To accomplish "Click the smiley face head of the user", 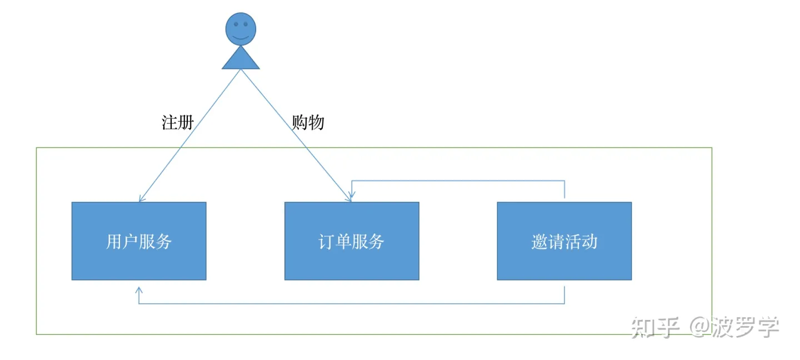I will (x=241, y=29).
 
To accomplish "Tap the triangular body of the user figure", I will (x=241, y=60).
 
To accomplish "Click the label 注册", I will (x=177, y=122).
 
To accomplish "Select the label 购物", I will (x=308, y=122).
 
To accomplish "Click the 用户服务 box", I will (x=139, y=241).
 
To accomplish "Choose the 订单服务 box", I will (x=352, y=241).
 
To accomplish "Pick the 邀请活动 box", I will (x=564, y=241).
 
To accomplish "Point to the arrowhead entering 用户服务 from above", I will (x=141, y=198).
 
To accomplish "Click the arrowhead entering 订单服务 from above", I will (x=350, y=198).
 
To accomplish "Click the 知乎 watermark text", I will (x=656, y=328).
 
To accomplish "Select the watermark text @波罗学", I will (x=734, y=328).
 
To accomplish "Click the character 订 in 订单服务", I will (x=327, y=241).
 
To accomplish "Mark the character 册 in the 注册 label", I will (x=186, y=122).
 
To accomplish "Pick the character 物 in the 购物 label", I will (x=316, y=122).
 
